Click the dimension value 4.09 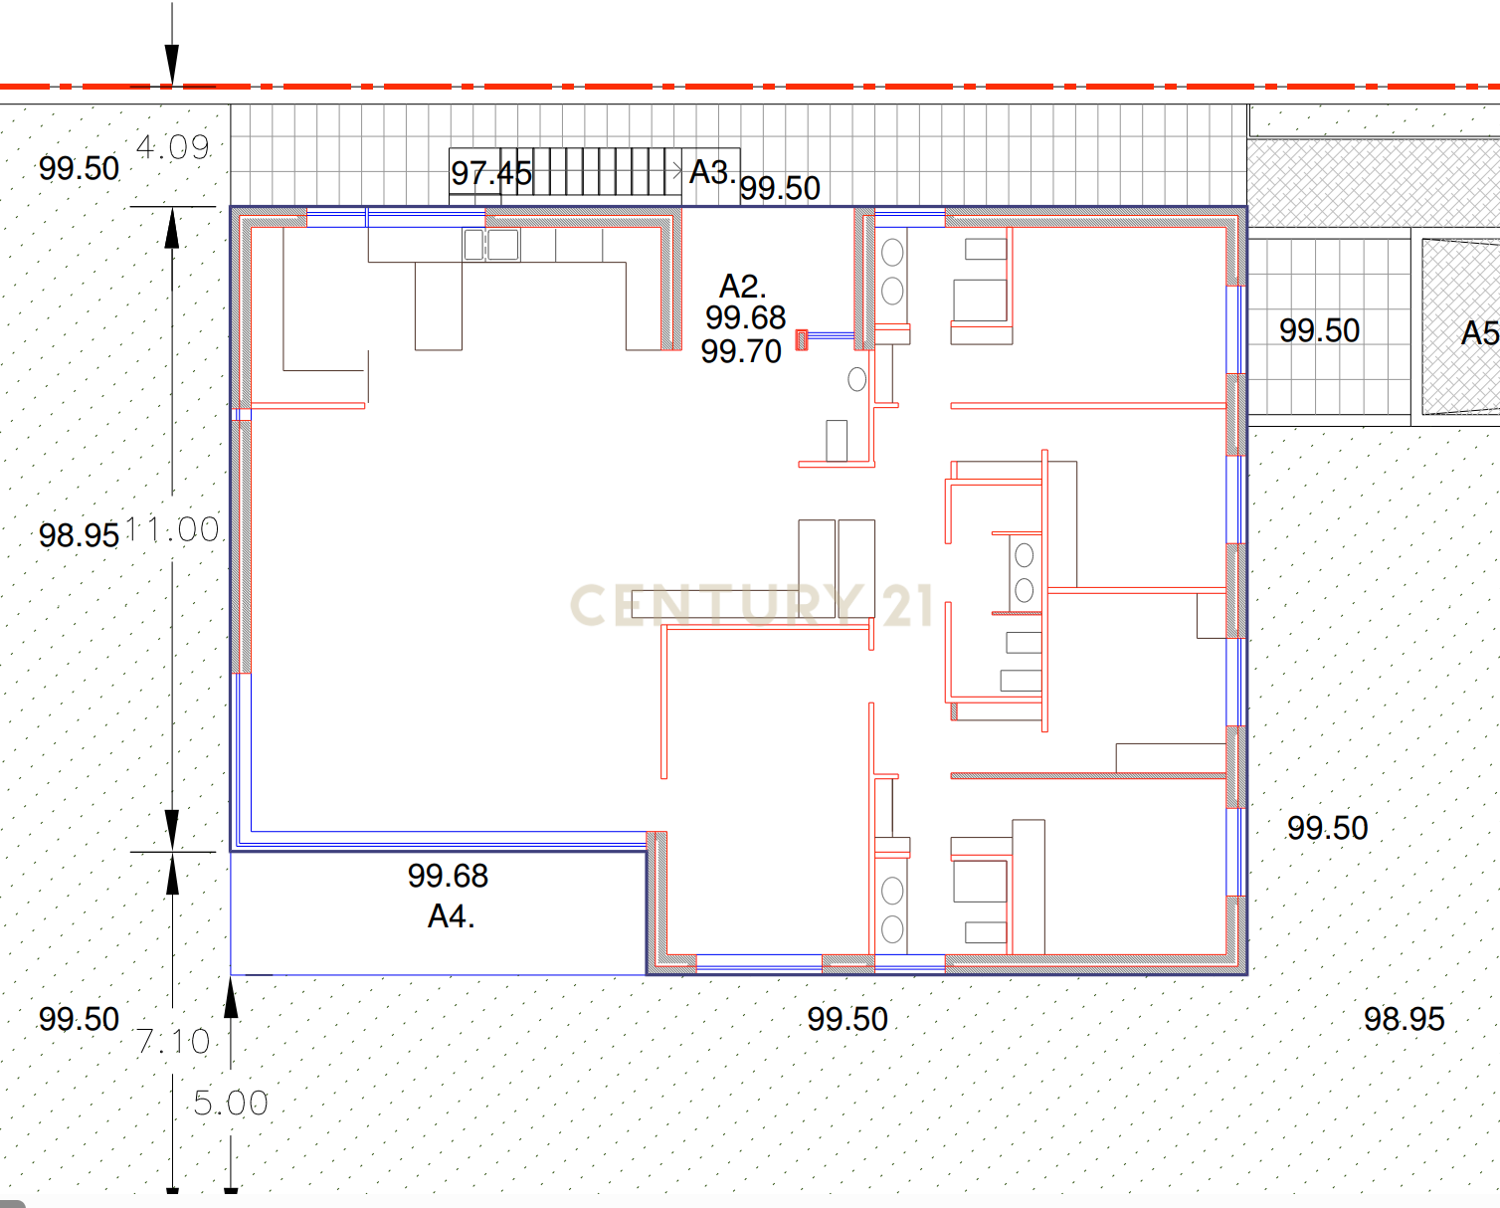click(173, 147)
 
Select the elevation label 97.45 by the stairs click(490, 173)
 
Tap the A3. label click(712, 172)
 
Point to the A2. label click(742, 287)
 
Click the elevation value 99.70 click(741, 351)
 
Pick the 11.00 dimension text click(173, 529)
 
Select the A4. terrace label click(451, 916)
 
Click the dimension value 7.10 click(173, 1042)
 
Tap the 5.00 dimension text click(231, 1103)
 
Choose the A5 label click(1479, 333)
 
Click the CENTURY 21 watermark click(752, 605)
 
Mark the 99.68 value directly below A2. click(745, 318)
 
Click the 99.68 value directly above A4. click(448, 876)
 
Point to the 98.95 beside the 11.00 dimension click(79, 535)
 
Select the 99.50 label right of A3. click(780, 188)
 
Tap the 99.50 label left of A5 click(1319, 330)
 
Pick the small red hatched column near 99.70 click(802, 339)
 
